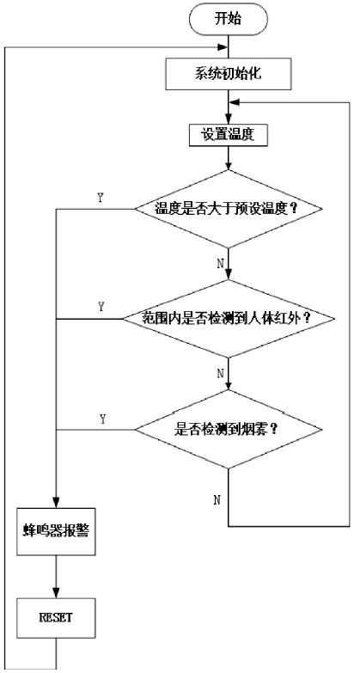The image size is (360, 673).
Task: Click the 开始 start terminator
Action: (228, 19)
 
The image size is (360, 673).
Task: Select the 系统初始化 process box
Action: (229, 73)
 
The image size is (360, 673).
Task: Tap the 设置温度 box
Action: (229, 135)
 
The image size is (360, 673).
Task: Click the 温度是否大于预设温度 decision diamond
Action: (229, 209)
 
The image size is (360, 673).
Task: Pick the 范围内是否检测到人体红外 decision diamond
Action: (229, 319)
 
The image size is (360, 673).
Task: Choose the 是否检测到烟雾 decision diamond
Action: (229, 429)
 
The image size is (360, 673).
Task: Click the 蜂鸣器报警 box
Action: (56, 531)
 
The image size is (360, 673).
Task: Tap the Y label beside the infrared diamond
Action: (101, 307)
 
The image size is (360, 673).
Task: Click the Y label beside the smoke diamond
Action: (102, 419)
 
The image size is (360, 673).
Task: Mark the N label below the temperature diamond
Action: (221, 263)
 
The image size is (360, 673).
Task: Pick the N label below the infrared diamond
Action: (221, 373)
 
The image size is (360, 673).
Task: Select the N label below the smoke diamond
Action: (217, 499)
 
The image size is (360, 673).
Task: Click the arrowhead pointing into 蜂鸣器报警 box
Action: (56, 503)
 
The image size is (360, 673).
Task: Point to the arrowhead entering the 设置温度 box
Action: (229, 119)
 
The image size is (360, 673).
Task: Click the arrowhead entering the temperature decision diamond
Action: (229, 164)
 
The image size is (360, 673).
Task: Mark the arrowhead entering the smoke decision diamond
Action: (229, 384)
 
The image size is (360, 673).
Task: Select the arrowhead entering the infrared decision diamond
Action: (229, 274)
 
